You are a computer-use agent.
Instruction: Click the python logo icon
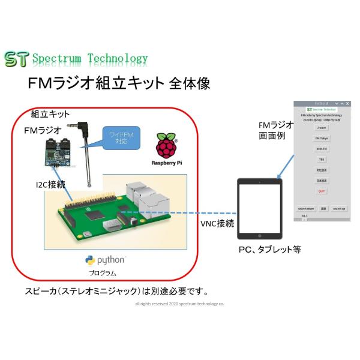(91, 260)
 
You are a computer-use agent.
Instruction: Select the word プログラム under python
(103, 272)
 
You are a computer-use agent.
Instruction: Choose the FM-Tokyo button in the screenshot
(322, 138)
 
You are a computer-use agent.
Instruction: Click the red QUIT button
(322, 191)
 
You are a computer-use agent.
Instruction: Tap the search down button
(306, 209)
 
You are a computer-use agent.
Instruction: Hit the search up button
(339, 209)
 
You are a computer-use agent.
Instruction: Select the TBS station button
(322, 159)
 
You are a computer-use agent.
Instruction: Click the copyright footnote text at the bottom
(179, 304)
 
